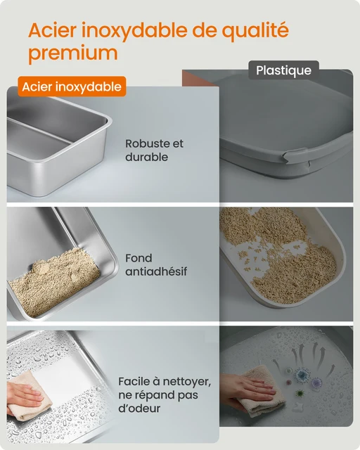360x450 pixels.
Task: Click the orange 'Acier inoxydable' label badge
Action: pyautogui.click(x=72, y=86)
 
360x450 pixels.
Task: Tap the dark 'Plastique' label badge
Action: pyautogui.click(x=283, y=70)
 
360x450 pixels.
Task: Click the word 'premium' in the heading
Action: pyautogui.click(x=72, y=53)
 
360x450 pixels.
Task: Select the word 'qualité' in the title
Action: pyautogui.click(x=252, y=31)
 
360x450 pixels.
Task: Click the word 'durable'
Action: pyautogui.click(x=146, y=157)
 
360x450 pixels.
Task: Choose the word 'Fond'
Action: pyautogui.click(x=139, y=258)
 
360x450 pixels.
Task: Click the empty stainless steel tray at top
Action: pyautogui.click(x=56, y=148)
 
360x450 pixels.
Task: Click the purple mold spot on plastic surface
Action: pyautogui.click(x=316, y=382)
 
